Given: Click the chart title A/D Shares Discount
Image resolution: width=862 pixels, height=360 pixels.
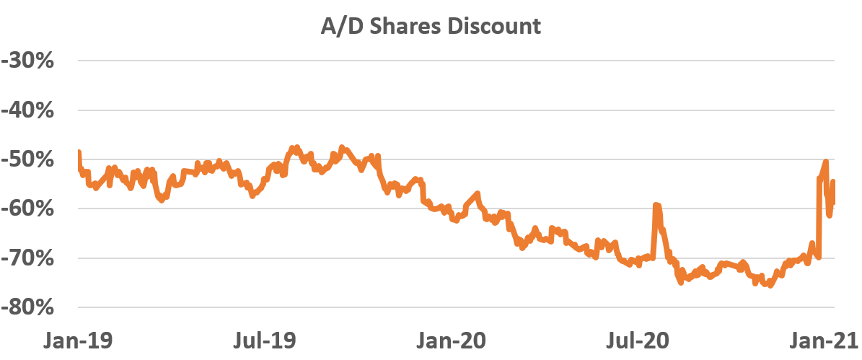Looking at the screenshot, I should point(431,27).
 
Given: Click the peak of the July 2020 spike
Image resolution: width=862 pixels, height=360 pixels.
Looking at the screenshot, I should point(656,206).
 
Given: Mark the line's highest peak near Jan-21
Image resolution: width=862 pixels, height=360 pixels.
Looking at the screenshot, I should point(825,161).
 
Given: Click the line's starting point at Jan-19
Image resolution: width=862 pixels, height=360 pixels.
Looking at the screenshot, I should point(77,152).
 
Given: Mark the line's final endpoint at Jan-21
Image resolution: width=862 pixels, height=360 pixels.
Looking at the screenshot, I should point(833,182).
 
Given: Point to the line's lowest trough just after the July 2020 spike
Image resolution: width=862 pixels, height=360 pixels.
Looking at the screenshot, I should point(680,283).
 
